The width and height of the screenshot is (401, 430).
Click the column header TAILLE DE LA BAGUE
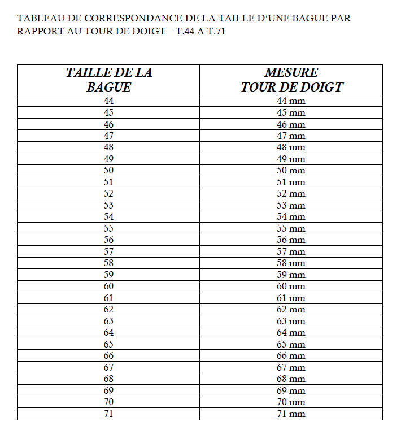point(109,80)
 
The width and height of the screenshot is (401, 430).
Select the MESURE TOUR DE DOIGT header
point(291,80)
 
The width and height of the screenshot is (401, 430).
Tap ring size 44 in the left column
point(109,101)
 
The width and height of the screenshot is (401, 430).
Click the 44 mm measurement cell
point(291,101)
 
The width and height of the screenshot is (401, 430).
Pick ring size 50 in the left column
point(109,171)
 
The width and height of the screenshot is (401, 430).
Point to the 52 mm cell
point(291,194)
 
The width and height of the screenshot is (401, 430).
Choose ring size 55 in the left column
point(109,228)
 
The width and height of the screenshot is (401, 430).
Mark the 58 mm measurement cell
point(291,263)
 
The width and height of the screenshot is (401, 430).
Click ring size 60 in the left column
point(109,286)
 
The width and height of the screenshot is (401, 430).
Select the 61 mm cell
point(291,298)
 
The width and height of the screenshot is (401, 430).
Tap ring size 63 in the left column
point(109,321)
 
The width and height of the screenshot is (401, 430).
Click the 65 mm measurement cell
point(291,344)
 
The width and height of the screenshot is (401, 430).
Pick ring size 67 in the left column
point(109,367)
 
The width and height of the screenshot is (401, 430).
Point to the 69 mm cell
point(291,390)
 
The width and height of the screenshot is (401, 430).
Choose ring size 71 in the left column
point(109,414)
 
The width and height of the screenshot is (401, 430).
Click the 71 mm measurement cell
point(291,414)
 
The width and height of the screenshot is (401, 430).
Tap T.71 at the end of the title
point(215,31)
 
